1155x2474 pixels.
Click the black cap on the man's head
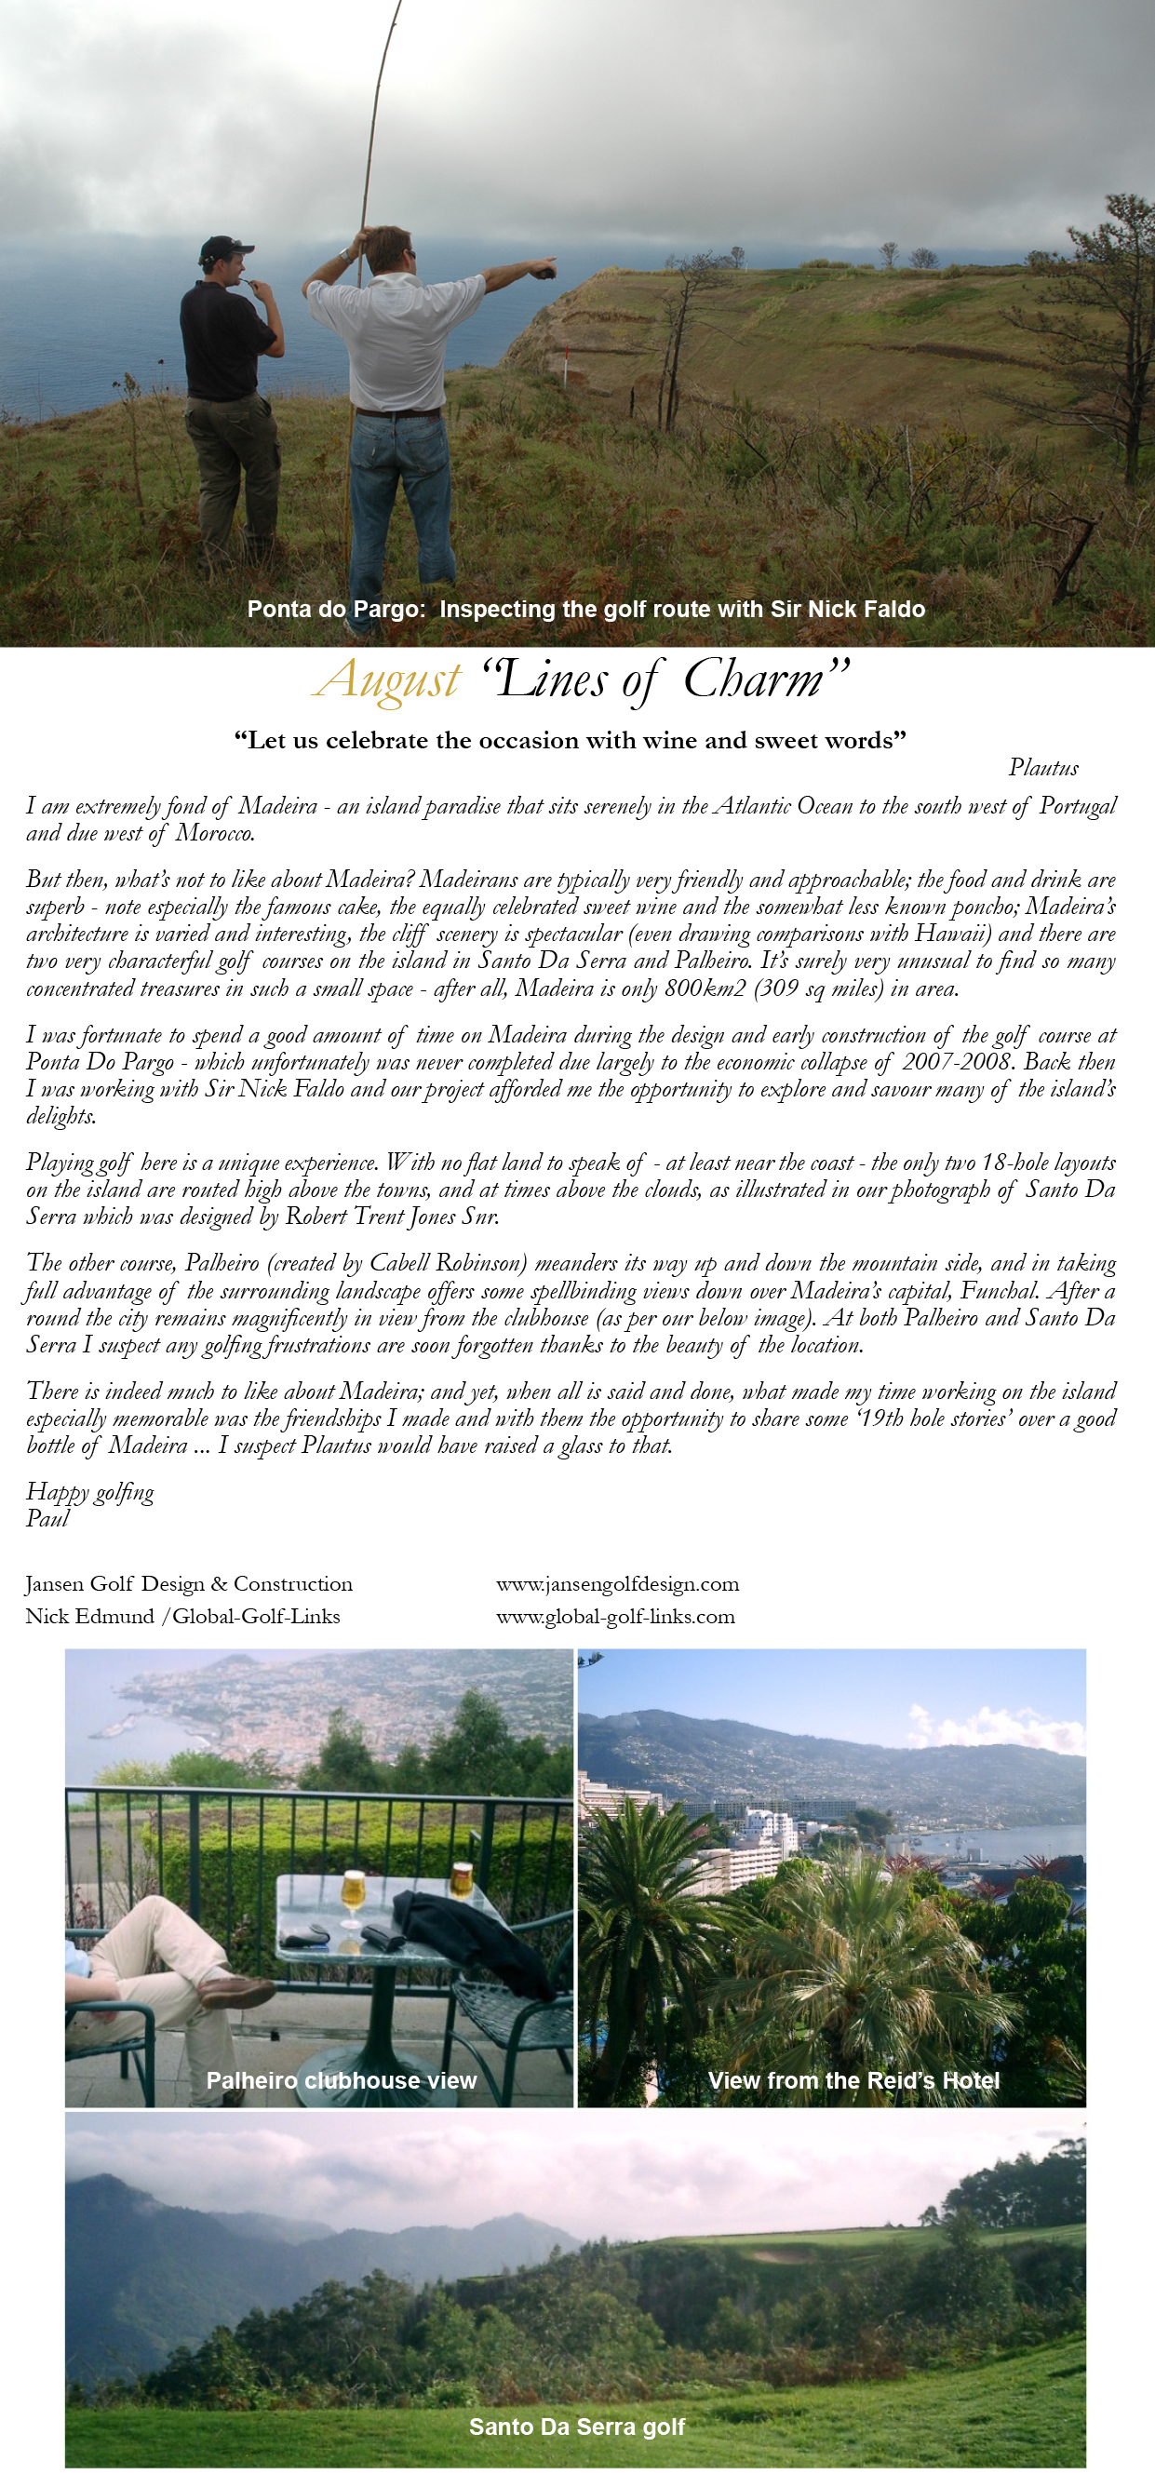pyautogui.click(x=224, y=249)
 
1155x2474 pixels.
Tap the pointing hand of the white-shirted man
pyautogui.click(x=544, y=268)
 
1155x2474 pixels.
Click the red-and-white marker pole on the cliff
pyautogui.click(x=567, y=368)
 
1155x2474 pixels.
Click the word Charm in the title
pyautogui.click(x=754, y=680)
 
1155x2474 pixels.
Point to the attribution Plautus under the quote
pyautogui.click(x=1042, y=767)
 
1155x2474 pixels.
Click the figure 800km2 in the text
pyautogui.click(x=704, y=988)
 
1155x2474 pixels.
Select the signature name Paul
pyautogui.click(x=47, y=1518)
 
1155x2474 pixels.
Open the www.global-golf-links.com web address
pyautogui.click(x=615, y=1617)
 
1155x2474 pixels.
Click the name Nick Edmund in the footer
pyautogui.click(x=89, y=1617)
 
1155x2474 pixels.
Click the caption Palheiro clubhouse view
pyautogui.click(x=341, y=2080)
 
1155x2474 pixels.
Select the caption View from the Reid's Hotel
pyautogui.click(x=853, y=2080)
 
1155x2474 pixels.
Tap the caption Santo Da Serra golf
pyautogui.click(x=577, y=2427)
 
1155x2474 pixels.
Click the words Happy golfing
pyautogui.click(x=89, y=1491)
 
